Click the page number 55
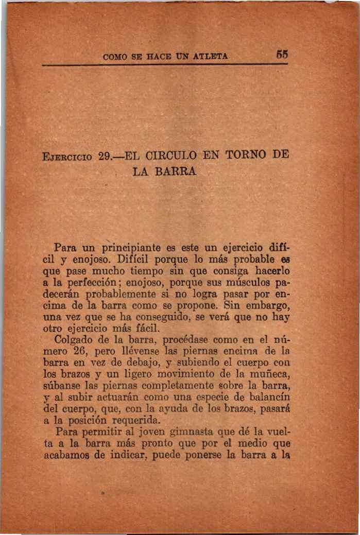click(x=281, y=54)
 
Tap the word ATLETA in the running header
click(x=212, y=55)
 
